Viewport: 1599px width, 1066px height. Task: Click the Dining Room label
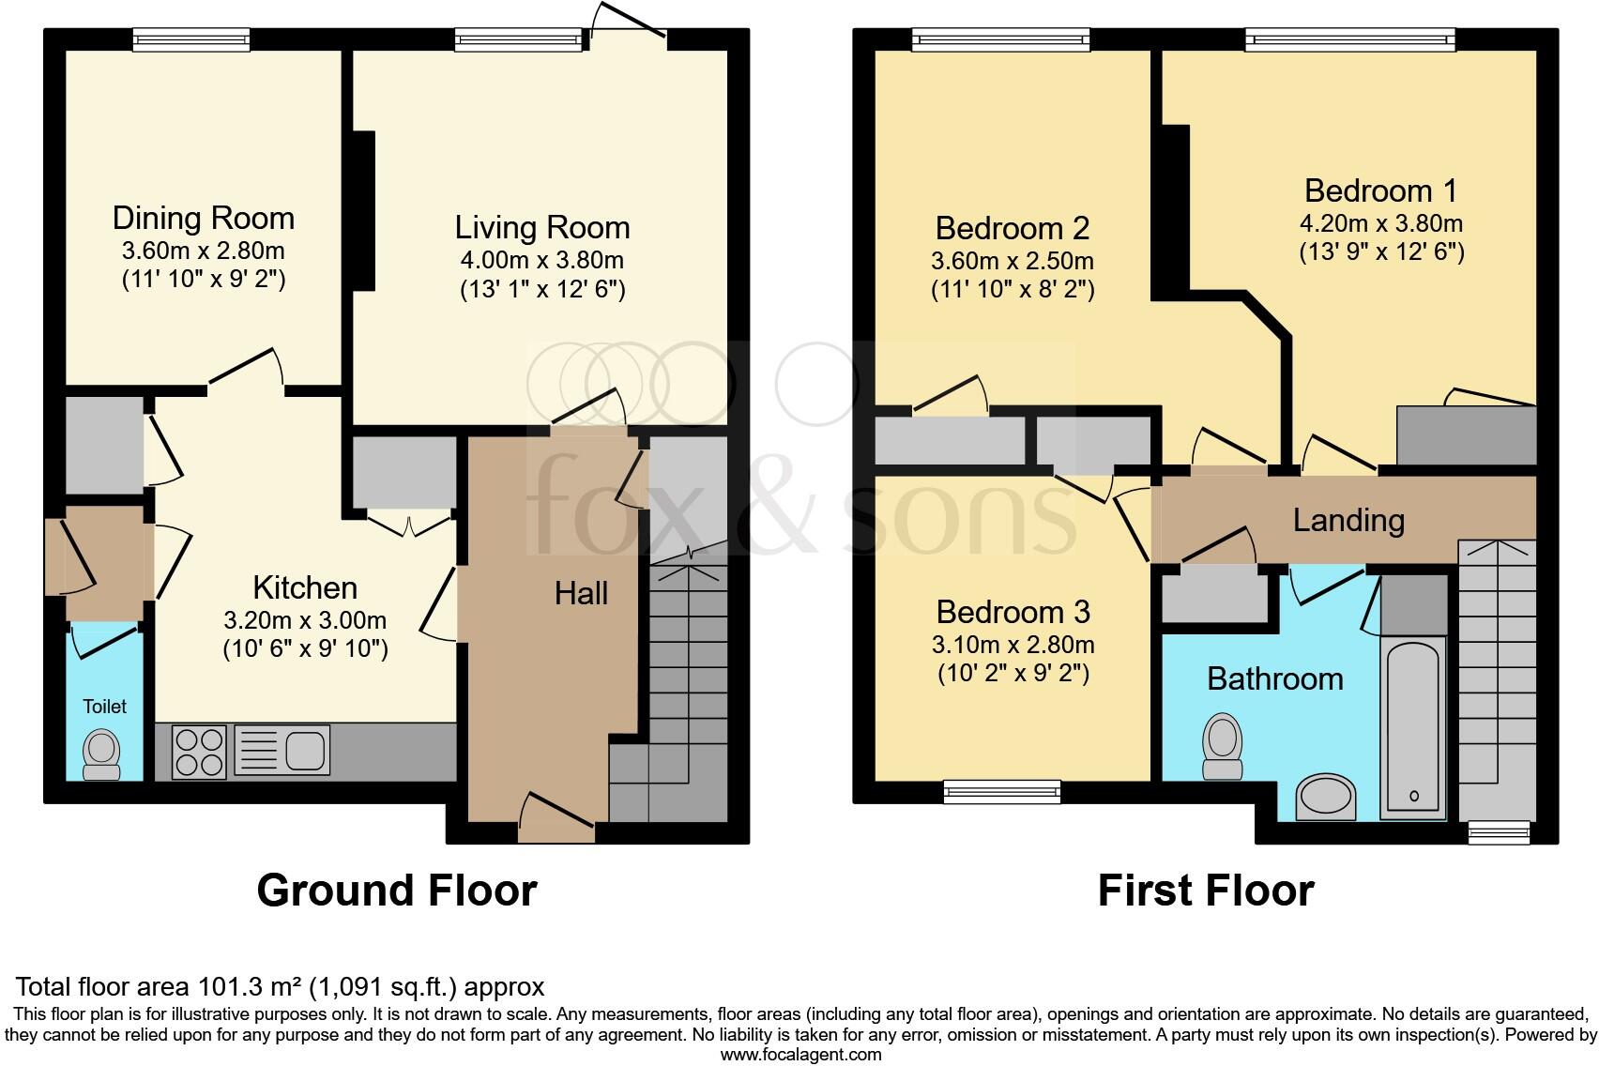click(203, 218)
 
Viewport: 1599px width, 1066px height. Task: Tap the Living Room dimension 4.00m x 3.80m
click(541, 260)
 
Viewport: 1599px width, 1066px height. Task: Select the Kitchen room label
click(305, 587)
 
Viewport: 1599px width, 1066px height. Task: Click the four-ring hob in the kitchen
click(200, 752)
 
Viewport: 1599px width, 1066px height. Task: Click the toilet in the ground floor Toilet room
click(102, 754)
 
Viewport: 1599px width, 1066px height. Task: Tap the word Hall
click(581, 593)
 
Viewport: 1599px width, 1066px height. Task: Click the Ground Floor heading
click(396, 890)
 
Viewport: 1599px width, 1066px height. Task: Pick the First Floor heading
click(1205, 890)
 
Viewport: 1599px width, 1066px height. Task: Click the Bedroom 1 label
click(1380, 190)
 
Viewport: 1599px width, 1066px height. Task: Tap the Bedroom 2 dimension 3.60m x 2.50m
click(1012, 261)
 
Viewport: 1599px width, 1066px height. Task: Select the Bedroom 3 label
click(1013, 612)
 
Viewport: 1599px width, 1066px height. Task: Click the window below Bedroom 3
click(1002, 792)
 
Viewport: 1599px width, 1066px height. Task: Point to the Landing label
click(1348, 520)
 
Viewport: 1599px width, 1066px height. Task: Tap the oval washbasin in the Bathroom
click(1326, 798)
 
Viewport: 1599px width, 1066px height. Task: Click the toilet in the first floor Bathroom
click(1223, 745)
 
